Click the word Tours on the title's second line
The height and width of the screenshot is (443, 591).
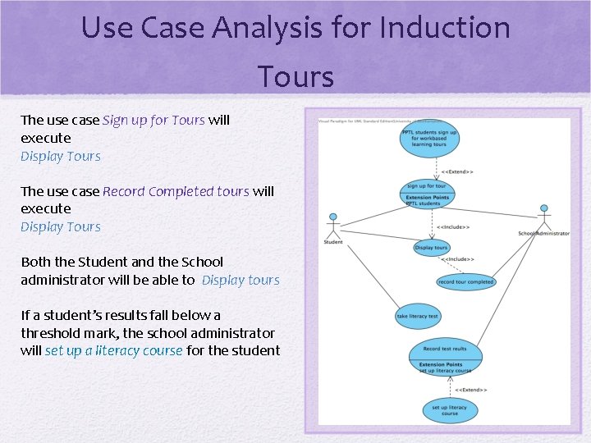point(295,77)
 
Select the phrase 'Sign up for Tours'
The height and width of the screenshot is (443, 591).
point(153,120)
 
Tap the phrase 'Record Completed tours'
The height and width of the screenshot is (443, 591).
point(176,191)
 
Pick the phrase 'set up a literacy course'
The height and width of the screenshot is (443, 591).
point(114,351)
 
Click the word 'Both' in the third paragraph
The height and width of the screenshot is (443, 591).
point(35,263)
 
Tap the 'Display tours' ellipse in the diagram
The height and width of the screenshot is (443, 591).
point(431,247)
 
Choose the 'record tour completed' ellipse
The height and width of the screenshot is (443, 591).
point(465,281)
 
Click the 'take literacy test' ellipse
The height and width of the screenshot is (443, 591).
point(417,316)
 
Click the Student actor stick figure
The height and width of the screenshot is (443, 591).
point(333,224)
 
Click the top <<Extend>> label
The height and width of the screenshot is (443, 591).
point(457,171)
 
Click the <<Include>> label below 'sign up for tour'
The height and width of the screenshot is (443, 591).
point(452,226)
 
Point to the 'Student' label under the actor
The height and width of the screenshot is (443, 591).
point(333,242)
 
